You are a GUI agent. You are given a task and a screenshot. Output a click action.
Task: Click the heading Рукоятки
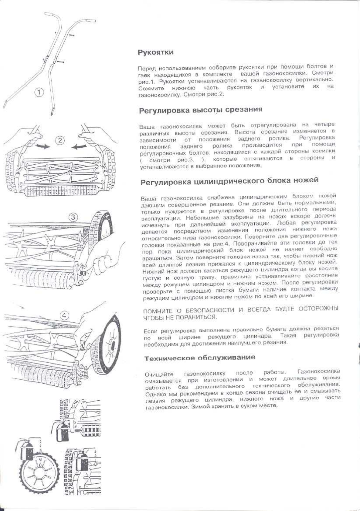(x=156, y=52)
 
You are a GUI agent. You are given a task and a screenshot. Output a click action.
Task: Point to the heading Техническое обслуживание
(x=199, y=358)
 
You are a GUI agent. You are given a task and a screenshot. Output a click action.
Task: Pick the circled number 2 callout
(x=60, y=140)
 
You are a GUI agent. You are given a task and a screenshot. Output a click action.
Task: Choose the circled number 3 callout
(x=73, y=217)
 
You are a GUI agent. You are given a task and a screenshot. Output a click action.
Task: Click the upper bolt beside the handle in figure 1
(x=72, y=35)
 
